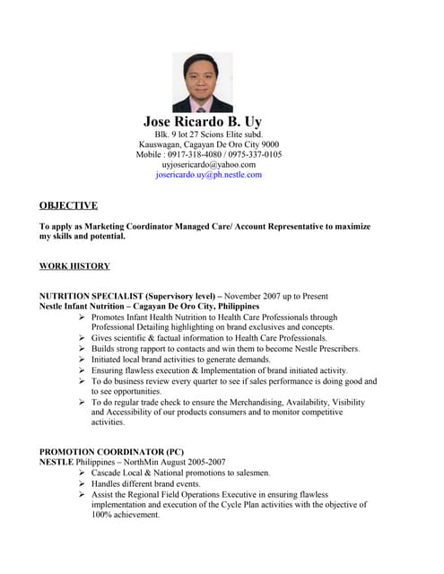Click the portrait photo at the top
coord(202,82)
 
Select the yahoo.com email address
coord(208,165)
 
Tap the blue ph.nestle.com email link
coord(208,175)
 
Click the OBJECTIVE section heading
coord(68,205)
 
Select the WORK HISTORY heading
coord(74,266)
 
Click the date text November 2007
coord(261,296)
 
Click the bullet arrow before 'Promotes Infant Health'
coord(83,317)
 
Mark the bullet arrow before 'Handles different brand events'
coord(83,483)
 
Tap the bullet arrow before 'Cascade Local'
coord(83,473)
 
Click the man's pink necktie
coord(202,104)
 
